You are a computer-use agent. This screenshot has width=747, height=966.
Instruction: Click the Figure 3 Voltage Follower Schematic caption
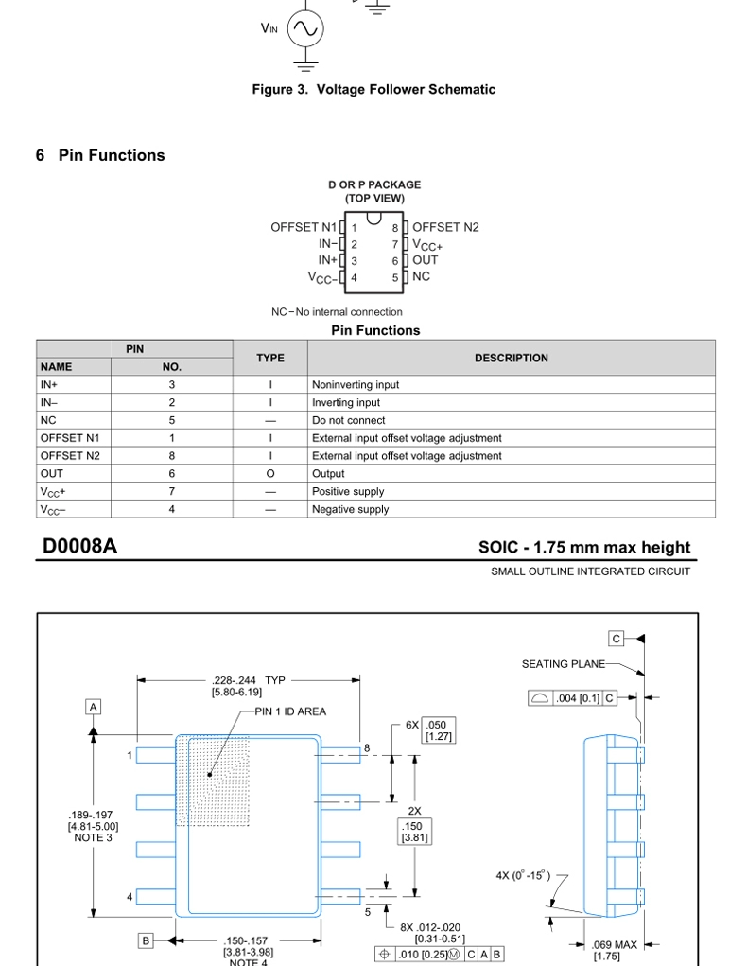pos(373,89)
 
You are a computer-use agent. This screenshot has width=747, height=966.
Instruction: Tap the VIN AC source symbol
pos(304,29)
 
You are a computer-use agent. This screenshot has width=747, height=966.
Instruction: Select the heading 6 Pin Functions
pos(100,155)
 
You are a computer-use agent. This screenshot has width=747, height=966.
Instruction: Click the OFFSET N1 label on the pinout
pos(303,227)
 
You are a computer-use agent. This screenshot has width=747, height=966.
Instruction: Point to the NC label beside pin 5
pos(421,276)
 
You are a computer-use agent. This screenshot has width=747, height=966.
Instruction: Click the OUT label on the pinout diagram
pos(425,260)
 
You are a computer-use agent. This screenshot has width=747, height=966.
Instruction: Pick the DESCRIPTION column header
pos(511,358)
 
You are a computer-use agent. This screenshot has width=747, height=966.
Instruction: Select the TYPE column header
pos(269,358)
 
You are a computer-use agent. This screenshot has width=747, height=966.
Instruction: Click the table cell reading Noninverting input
pos(356,385)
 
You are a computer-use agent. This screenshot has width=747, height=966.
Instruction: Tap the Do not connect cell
pos(348,420)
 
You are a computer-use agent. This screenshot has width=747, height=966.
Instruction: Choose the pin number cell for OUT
pos(172,473)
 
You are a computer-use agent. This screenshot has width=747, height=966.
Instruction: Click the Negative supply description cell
pos(350,509)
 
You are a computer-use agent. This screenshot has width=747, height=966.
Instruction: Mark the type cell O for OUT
pos(269,473)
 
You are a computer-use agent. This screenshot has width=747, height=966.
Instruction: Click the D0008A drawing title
pos(79,547)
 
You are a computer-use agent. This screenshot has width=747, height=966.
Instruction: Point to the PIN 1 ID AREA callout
pos(290,711)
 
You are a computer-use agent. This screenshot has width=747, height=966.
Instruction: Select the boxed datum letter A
pos(94,707)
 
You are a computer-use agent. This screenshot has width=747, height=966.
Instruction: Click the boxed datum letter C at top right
pos(617,638)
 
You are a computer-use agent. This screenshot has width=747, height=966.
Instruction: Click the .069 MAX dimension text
pos(614,944)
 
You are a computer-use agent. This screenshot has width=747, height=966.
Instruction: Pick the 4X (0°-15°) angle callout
pos(523,875)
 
